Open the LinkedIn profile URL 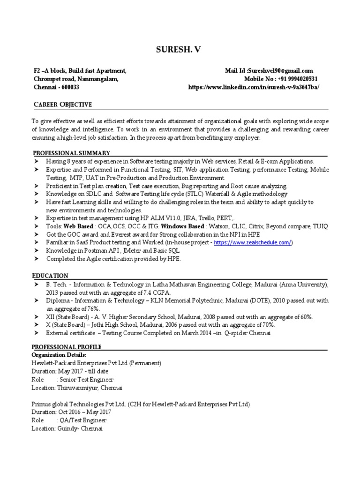(254, 87)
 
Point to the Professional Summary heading (71, 153)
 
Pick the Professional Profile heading (67, 347)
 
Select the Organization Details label (59, 355)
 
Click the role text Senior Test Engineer (86, 379)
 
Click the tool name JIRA (186, 218)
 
